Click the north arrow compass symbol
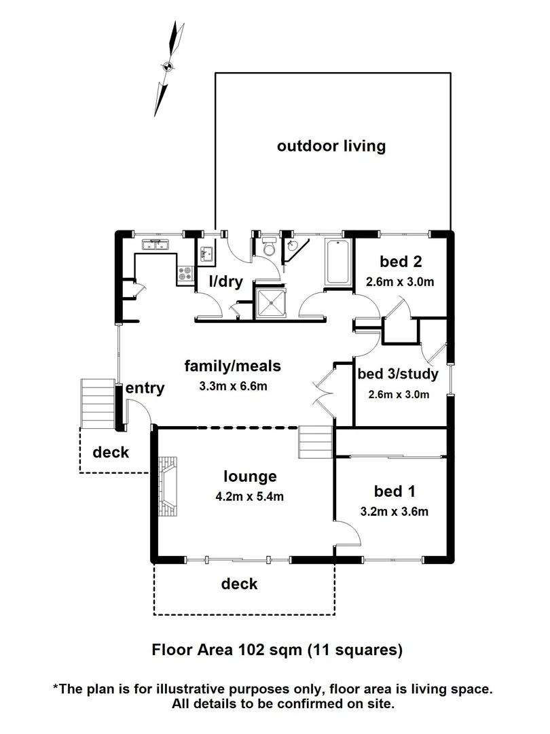point(168,67)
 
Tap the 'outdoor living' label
point(331,145)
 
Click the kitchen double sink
point(156,245)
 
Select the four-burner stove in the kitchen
point(185,273)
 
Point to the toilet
point(270,249)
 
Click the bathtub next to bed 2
point(337,262)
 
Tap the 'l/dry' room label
point(225,281)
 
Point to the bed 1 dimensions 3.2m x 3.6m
point(395,512)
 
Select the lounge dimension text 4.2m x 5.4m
point(249,495)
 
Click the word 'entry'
point(145,388)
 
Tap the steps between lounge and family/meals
point(314,442)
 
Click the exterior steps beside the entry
point(94,404)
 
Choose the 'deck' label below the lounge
point(240,583)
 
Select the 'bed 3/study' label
point(398,373)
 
